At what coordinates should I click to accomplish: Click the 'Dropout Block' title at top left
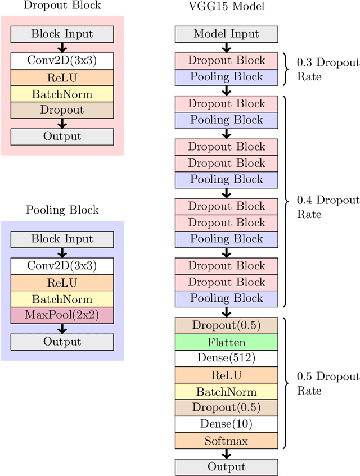pos(62,6)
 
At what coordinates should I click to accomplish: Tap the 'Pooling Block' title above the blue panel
pos(62,210)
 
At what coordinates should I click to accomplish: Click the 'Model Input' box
pos(226,34)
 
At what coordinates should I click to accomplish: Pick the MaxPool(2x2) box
pos(62,315)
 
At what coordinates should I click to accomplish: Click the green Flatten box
pos(226,342)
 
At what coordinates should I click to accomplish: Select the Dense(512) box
pos(226,358)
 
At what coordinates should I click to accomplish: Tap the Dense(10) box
pos(226,424)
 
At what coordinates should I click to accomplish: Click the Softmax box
pos(226,441)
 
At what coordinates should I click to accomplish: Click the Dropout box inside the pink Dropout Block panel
pos(62,110)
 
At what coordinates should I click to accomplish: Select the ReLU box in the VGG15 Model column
pos(226,375)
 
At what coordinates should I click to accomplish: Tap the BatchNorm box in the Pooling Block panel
pos(62,299)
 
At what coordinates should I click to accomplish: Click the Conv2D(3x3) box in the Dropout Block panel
pos(62,61)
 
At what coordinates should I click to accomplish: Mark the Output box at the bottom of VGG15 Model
pos(226,467)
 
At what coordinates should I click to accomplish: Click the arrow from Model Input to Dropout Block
pos(226,47)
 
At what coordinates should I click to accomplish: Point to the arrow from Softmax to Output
pos(226,454)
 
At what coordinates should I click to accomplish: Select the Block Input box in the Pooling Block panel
pos(62,239)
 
